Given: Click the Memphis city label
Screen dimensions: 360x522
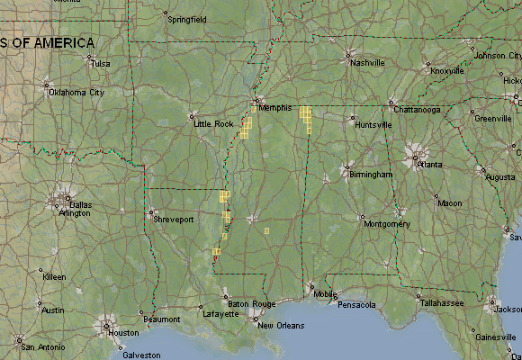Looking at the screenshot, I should (274, 108).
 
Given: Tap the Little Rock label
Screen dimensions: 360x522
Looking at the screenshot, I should (213, 124).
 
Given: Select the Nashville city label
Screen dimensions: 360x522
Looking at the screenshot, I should (367, 63).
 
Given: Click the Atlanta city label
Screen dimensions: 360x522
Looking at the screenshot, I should (430, 166).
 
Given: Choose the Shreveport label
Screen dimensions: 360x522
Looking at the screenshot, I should (175, 219).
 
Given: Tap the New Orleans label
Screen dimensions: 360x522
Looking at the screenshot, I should (280, 325).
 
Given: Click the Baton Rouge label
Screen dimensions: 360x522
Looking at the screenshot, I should (245, 303).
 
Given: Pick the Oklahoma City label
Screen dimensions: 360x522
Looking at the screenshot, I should (76, 92).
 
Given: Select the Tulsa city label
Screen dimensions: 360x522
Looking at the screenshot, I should (100, 64).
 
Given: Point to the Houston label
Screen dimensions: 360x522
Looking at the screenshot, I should (122, 333).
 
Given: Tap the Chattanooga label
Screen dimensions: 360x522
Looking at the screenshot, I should (417, 110).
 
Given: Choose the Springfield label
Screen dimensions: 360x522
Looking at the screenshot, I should (187, 19).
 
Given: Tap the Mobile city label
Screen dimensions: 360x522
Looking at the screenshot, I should (325, 294).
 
